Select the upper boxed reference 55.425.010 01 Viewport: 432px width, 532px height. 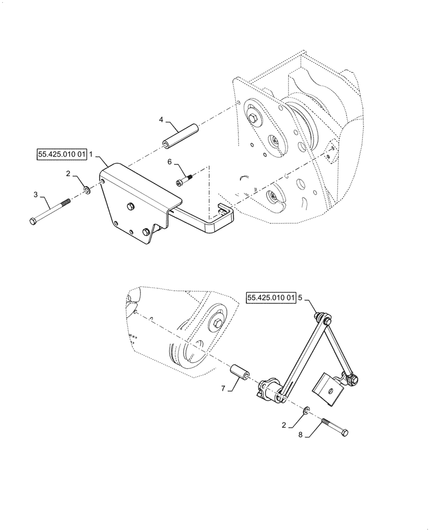[62, 155]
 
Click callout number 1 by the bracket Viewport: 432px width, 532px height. [91, 155]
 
